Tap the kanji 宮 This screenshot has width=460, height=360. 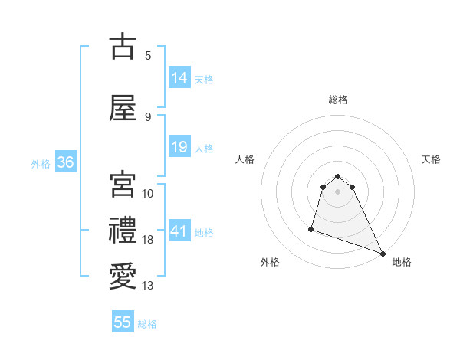pyautogui.click(x=123, y=184)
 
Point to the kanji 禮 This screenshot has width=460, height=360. pyautogui.click(x=123, y=231)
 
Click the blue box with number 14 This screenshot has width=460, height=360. pyautogui.click(x=179, y=78)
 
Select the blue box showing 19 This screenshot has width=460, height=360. pyautogui.click(x=179, y=147)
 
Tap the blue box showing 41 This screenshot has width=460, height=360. pyautogui.click(x=179, y=231)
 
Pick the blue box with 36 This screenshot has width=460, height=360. pyautogui.click(x=65, y=162)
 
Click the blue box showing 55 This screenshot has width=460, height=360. pyautogui.click(x=123, y=322)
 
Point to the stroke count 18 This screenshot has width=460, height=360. pyautogui.click(x=148, y=240)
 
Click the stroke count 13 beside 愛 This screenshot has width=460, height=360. pyautogui.click(x=148, y=286)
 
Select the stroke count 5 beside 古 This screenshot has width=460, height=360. pyautogui.click(x=148, y=55)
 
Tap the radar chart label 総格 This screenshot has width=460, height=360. pyautogui.click(x=337, y=100)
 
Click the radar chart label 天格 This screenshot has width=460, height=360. pyautogui.click(x=432, y=159)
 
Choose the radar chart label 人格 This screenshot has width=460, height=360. pyautogui.click(x=245, y=159)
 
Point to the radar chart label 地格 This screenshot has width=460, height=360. pyautogui.click(x=402, y=262)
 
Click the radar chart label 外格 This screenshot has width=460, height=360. pyautogui.click(x=270, y=262)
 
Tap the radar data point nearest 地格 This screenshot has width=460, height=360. pyautogui.click(x=383, y=254)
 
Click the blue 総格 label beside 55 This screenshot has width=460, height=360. pyautogui.click(x=147, y=323)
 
